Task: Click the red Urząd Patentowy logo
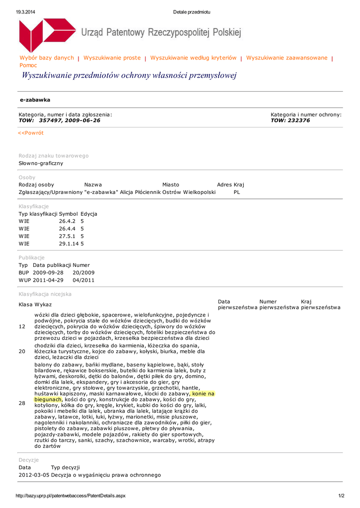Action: click(x=47, y=35)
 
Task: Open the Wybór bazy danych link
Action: click(x=47, y=58)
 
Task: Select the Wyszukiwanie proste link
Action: click(x=112, y=58)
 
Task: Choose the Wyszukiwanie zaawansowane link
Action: click(x=287, y=58)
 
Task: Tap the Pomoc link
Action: click(x=28, y=65)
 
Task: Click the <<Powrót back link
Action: click(x=31, y=133)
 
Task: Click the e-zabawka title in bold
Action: click(x=35, y=100)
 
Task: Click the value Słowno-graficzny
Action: click(x=41, y=163)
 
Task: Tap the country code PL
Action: click(x=237, y=192)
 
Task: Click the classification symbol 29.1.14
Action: click(x=69, y=244)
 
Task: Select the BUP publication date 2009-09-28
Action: click(x=48, y=273)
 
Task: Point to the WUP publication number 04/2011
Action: click(x=83, y=280)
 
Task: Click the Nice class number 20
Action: click(x=22, y=351)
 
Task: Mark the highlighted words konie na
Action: click(x=203, y=394)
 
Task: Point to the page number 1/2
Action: click(x=341, y=496)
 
